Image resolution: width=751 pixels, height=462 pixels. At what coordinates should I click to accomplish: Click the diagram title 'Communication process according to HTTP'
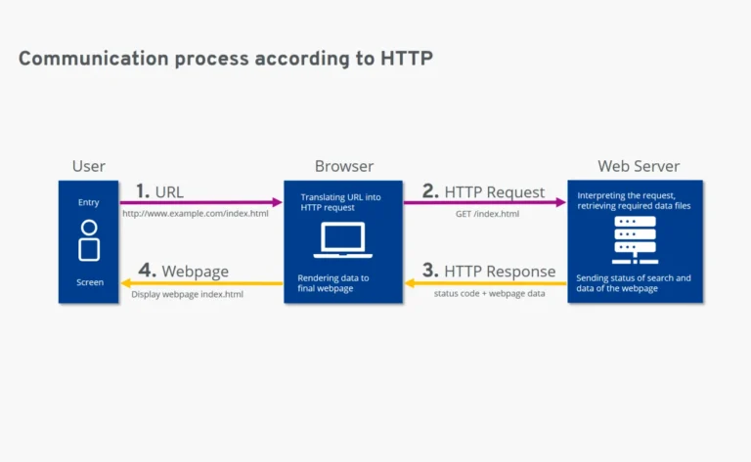tap(225, 59)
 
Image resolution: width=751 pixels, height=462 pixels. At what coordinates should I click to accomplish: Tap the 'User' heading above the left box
tap(89, 166)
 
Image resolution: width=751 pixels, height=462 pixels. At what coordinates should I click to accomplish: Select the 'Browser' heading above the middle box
tap(343, 166)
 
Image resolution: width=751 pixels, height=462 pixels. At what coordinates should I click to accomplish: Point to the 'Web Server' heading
tap(639, 166)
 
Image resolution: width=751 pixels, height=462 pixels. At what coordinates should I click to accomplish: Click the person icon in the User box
tap(89, 240)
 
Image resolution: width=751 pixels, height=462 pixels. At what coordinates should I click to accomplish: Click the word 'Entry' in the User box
tap(89, 203)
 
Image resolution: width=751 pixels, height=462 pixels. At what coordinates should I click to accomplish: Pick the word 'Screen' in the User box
tap(89, 282)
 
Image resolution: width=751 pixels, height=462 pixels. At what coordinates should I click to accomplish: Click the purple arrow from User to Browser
tap(200, 203)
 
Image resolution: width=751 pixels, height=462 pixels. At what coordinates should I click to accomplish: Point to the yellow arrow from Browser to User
tap(200, 284)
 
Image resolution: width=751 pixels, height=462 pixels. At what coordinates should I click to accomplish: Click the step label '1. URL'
tap(159, 191)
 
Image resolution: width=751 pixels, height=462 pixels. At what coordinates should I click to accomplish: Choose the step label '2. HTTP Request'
tap(483, 191)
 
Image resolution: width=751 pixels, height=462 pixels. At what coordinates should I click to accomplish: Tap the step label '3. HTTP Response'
tap(489, 272)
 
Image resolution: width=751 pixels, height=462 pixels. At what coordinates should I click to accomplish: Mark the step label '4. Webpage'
tap(183, 272)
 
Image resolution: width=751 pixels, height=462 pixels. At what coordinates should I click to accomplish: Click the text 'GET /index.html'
tap(487, 214)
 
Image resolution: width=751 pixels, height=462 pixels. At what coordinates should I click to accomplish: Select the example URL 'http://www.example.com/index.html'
tap(196, 214)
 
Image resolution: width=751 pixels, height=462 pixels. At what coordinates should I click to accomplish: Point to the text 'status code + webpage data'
tap(489, 294)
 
